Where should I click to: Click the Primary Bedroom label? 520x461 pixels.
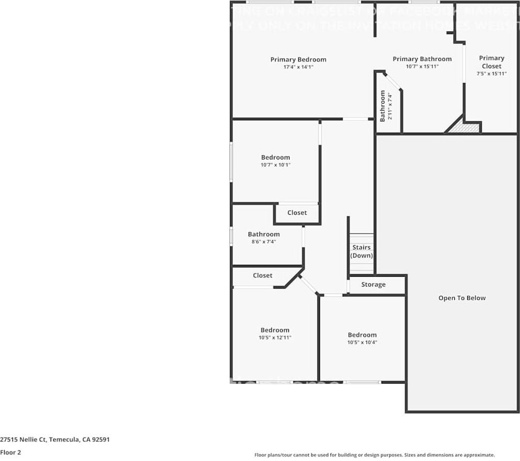coord(298,59)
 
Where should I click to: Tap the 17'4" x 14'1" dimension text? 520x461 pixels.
coord(298,67)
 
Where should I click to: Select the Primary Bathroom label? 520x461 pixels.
coord(422,59)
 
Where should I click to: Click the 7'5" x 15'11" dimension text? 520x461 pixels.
coord(491,74)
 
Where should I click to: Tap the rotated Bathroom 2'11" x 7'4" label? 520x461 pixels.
coord(386,106)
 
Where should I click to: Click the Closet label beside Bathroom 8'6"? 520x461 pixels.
coord(297,213)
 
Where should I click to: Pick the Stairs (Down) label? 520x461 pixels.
coord(361,251)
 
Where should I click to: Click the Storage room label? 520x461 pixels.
coord(373,284)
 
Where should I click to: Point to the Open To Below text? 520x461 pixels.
coord(462,298)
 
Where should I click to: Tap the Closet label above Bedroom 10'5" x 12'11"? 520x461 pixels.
coord(263,276)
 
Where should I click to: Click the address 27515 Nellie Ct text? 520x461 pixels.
coord(54,440)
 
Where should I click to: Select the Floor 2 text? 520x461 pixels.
coord(10,452)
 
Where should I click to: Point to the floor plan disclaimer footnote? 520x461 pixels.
coord(374,455)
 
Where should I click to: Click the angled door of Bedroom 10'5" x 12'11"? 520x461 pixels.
coord(309,284)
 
